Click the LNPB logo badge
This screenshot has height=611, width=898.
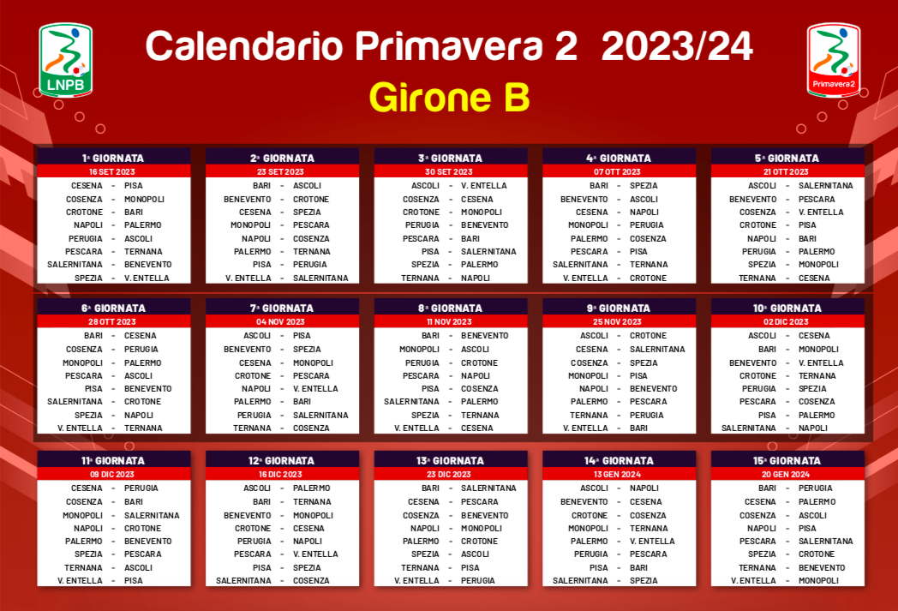coord(65,60)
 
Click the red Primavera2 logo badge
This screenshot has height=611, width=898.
coord(833,60)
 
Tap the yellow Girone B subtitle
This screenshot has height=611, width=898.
coord(450,98)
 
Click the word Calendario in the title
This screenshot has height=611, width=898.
coord(244,45)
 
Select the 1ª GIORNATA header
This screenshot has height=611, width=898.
coord(113,158)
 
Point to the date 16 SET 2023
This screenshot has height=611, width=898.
coord(111,171)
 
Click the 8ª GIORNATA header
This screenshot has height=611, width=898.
coord(450,308)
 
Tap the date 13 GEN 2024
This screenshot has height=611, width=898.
coord(617,474)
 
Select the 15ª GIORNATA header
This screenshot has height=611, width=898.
coord(787,460)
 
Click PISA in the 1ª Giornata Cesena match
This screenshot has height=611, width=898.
coord(134,186)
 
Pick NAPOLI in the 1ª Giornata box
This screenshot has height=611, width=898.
coord(88,225)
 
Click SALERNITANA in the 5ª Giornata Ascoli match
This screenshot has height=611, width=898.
coord(826,186)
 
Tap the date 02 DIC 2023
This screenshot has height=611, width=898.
coord(786,322)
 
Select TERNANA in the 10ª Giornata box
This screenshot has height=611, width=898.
coord(817,375)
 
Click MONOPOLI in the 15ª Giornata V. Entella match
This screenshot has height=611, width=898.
coord(818,580)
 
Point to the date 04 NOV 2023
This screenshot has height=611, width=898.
coord(281,322)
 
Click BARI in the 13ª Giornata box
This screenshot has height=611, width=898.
coord(430,488)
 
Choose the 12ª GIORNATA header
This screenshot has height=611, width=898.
coord(281,460)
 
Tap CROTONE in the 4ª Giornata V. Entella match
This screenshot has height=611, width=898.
coord(649,278)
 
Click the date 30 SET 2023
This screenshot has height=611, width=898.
coord(449,171)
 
